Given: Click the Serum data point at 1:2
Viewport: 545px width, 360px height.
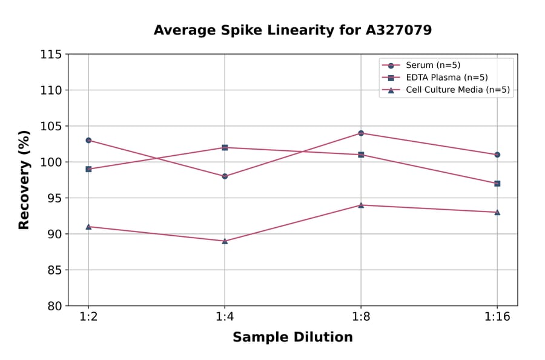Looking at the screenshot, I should (x=88, y=140).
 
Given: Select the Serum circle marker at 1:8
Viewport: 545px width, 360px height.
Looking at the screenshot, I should (x=361, y=133).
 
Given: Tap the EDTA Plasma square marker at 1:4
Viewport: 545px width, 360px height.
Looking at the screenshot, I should (x=225, y=147).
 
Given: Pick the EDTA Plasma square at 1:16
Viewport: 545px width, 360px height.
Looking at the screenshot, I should (x=497, y=183).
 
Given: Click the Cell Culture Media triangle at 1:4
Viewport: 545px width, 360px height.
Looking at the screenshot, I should (x=225, y=241).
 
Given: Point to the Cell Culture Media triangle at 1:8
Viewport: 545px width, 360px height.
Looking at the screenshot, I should (x=361, y=205).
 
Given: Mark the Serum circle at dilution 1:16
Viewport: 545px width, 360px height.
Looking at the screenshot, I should (x=497, y=155).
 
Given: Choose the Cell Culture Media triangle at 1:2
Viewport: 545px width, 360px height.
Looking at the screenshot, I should (x=88, y=227).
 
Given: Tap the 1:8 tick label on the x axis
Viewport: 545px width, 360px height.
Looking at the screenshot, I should (x=361, y=318).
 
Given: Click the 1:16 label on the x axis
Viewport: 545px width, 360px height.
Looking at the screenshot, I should (x=497, y=318).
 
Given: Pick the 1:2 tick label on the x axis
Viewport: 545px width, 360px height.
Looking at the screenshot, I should (x=88, y=318).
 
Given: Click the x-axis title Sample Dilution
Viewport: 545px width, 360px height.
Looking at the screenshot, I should (x=292, y=338).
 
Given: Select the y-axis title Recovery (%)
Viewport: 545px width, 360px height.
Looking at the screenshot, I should (x=24, y=180).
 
